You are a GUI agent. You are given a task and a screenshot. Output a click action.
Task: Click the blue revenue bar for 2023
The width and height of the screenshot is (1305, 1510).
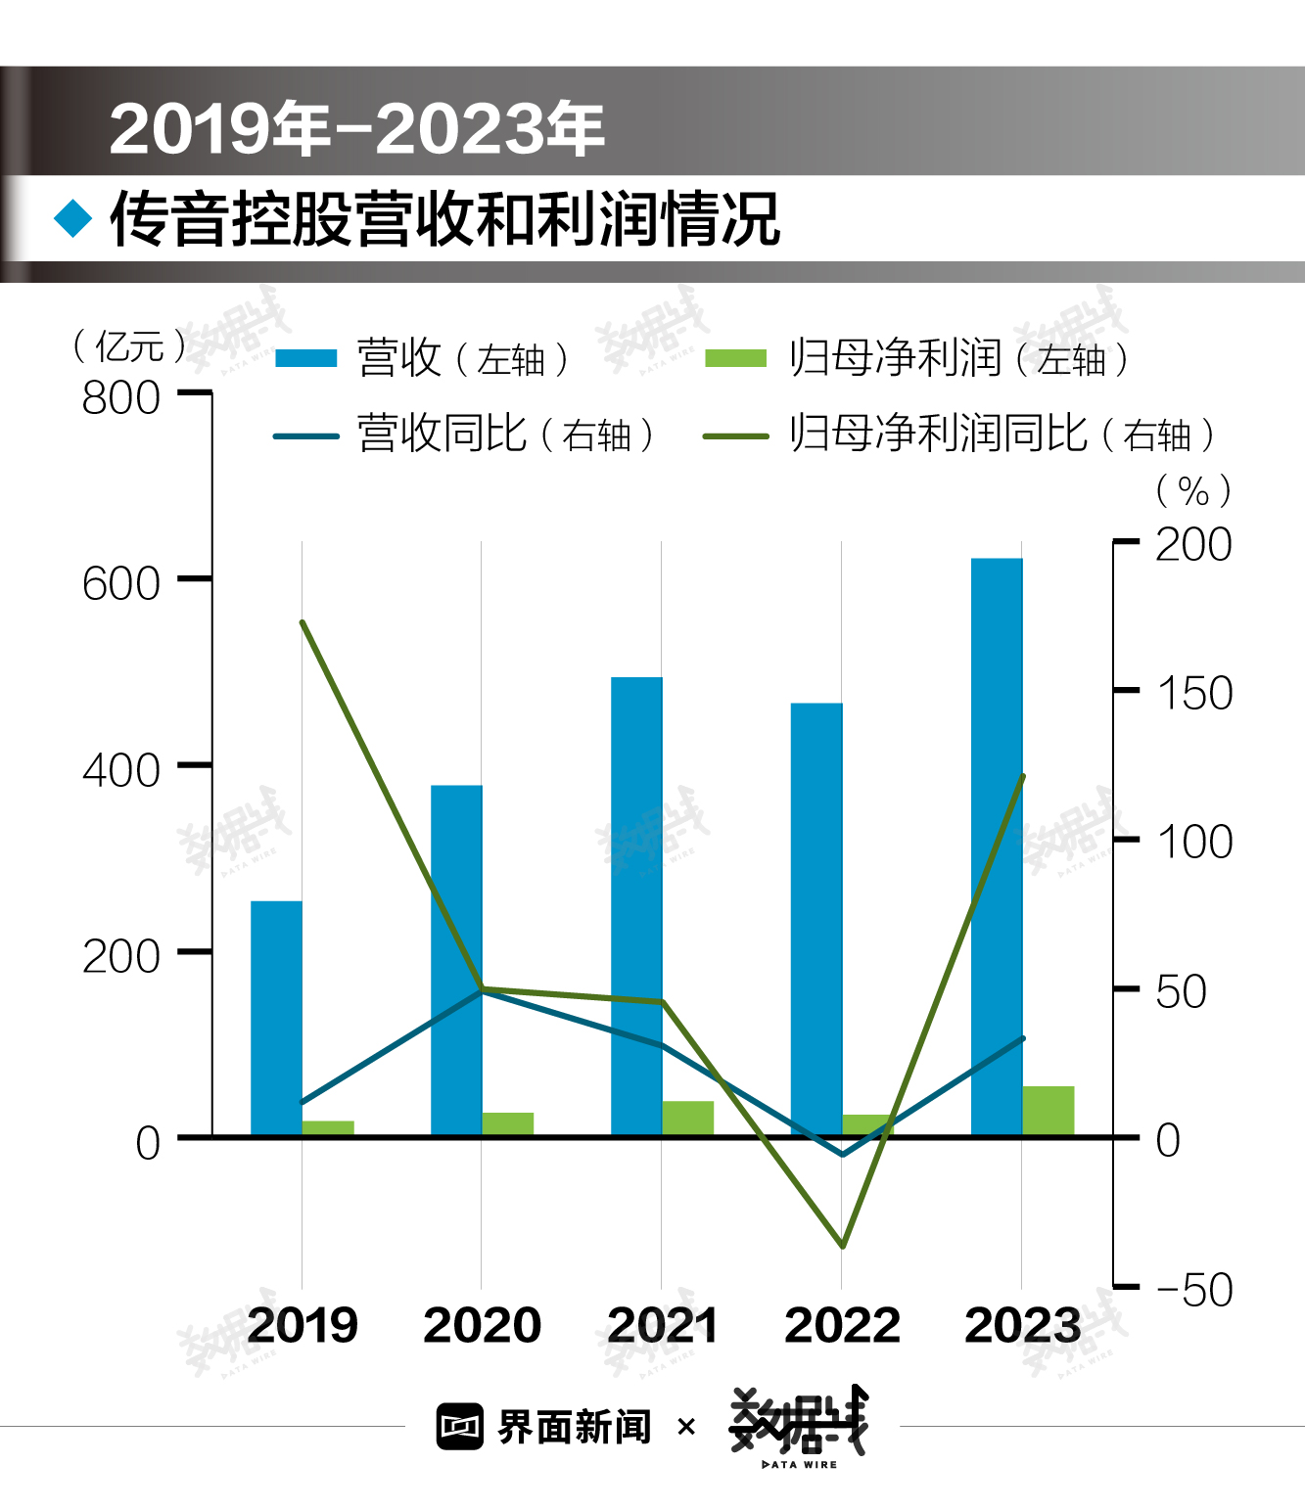point(997,847)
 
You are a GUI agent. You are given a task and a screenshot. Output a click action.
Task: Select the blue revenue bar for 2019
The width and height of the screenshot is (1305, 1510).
point(276,1018)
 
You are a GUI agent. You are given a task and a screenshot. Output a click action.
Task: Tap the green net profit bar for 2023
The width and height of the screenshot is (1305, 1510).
point(1049,1111)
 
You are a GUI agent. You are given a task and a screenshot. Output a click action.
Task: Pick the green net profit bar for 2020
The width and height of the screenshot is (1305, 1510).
point(508,1123)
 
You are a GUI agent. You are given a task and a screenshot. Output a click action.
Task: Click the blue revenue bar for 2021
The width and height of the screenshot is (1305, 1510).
point(636,905)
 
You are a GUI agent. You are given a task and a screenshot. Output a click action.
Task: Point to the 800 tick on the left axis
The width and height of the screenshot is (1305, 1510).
point(121,397)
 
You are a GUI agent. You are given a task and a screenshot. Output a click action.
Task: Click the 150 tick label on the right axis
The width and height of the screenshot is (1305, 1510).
point(1194,693)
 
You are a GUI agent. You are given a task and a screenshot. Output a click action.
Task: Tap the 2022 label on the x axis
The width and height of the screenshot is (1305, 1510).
point(842,1326)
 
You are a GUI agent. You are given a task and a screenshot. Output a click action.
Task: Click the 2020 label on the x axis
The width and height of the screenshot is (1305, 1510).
point(482,1326)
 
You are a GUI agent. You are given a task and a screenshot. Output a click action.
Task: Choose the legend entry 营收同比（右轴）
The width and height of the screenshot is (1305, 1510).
point(464,434)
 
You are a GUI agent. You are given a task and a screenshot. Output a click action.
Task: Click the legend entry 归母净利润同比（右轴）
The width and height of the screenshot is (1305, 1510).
point(959,434)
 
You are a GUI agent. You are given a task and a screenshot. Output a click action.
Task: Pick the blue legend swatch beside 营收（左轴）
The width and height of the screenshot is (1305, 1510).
point(305,358)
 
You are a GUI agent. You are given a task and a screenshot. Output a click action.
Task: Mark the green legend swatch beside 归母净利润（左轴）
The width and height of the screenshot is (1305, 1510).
point(735,358)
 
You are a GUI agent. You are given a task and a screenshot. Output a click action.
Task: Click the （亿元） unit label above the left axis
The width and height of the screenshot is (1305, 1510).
point(129,345)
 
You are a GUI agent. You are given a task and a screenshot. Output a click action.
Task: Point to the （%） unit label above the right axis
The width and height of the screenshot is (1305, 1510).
point(1193,490)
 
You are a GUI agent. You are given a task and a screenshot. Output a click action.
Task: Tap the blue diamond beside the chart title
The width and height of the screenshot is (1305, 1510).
point(73,218)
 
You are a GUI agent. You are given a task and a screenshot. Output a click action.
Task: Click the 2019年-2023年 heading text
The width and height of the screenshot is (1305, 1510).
point(357,128)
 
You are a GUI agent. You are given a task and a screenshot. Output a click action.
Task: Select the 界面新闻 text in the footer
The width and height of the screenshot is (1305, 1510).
point(575,1427)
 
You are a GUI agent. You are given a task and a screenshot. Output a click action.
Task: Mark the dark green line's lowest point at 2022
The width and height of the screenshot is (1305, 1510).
point(842,1246)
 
